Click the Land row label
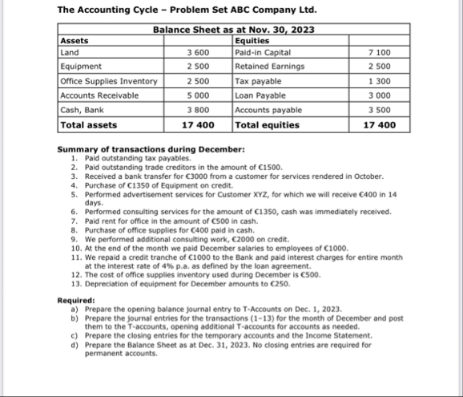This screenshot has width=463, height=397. pyautogui.click(x=70, y=52)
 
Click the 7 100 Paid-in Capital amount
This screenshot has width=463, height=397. pyautogui.click(x=380, y=52)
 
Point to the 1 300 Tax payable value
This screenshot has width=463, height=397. pyautogui.click(x=380, y=81)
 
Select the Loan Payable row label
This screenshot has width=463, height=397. pyautogui.click(x=256, y=95)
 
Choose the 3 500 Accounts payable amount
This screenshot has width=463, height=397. pyautogui.click(x=380, y=109)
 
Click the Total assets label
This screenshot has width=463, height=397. pyautogui.click(x=89, y=124)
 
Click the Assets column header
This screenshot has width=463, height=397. pyautogui.click(x=75, y=38)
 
